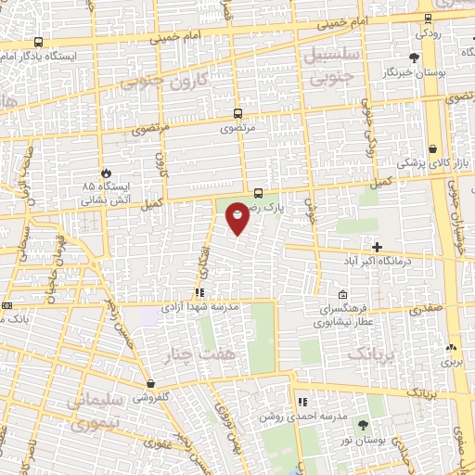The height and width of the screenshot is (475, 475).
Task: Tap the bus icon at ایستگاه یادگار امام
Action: coord(38,42)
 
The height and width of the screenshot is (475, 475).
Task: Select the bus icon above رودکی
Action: coord(427,18)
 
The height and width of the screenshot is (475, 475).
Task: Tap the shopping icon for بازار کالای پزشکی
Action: coord(433,148)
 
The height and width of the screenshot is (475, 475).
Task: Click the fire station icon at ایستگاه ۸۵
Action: coord(106,173)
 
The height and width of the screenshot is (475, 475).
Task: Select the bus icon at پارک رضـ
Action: coord(258,194)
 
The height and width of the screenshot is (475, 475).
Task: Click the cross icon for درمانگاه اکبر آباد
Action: coord(377,247)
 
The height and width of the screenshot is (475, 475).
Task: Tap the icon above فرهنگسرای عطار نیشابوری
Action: coord(343,295)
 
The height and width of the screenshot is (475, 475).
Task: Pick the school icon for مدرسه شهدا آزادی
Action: coord(199,292)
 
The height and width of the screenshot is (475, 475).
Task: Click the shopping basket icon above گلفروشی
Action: coord(149,382)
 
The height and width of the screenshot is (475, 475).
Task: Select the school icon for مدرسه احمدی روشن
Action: coord(302,403)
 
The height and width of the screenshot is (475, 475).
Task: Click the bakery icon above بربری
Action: coord(452,347)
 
